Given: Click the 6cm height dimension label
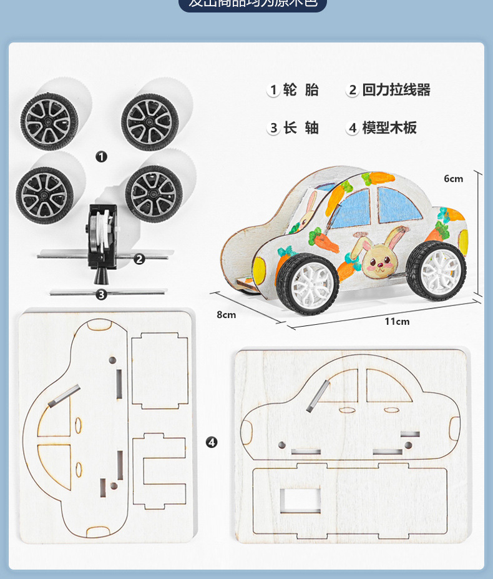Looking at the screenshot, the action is coord(453,179).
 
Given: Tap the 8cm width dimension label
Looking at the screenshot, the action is coord(226,315).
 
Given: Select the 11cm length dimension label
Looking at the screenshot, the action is coord(397,322).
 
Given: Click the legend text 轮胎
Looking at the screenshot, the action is coord(301,90).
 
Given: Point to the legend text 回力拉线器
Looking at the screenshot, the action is coord(396,90).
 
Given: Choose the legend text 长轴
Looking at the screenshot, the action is coord(301,128).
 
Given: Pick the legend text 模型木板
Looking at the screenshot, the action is coord(389,128).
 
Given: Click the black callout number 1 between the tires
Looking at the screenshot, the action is coord(101,157).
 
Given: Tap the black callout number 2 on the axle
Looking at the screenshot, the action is coord(139,259).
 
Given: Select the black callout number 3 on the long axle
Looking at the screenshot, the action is coord(101,294).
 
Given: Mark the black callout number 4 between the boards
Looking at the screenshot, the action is coord(212,442).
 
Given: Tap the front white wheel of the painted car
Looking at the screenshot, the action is coord(436,271).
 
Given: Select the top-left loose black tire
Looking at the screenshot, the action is coord(49,121).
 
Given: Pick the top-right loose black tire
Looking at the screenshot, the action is coord(150,121).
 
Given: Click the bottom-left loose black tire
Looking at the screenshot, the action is coord(45,195).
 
